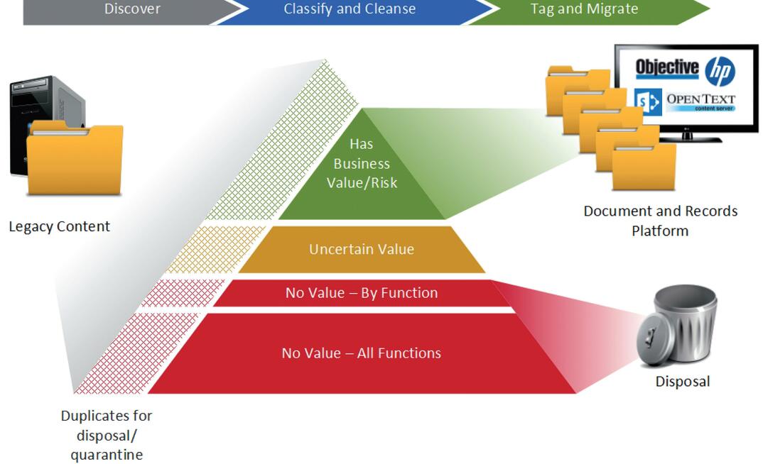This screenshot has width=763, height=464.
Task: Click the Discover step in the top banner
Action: coord(132,10)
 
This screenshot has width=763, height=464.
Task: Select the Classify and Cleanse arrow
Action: coord(350,10)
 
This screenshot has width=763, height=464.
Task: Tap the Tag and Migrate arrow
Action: coord(584,10)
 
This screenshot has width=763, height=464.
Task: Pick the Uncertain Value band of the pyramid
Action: coord(361,250)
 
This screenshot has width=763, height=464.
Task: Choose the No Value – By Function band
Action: coord(361,293)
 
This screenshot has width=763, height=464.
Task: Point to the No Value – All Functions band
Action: coord(361,353)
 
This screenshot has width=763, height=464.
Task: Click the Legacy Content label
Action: coord(59,227)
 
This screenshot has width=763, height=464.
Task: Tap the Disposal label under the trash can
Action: coord(682,382)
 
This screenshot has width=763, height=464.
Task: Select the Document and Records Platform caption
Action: coord(660,221)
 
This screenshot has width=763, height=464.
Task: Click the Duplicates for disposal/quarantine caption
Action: coord(106,435)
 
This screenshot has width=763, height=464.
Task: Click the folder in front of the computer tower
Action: coord(75,160)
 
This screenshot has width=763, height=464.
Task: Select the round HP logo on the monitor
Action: coord(720,72)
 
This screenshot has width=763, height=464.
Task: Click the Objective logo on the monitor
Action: coord(666,68)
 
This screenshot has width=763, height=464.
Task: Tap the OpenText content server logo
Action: coord(700,101)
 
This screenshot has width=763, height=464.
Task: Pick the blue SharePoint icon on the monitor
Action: coord(648,101)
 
